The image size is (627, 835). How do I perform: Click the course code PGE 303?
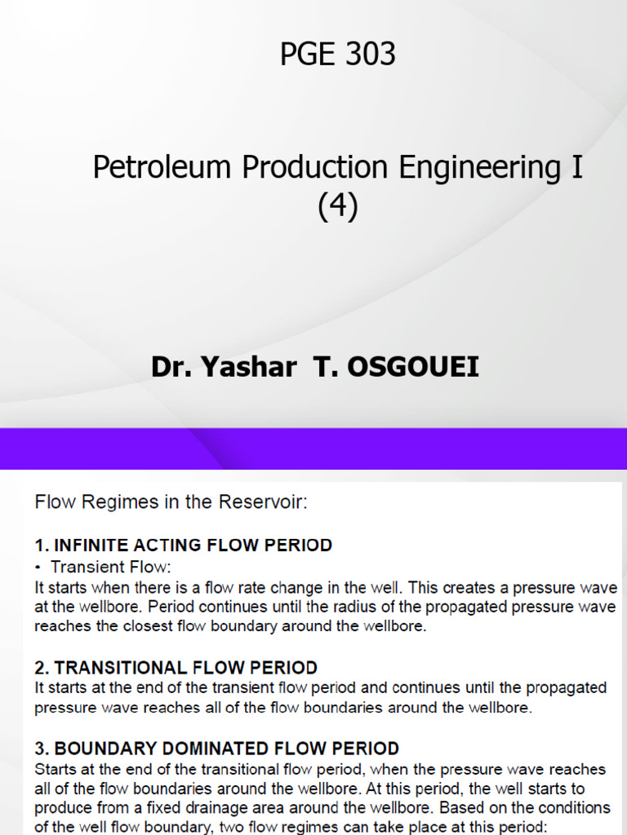click(x=337, y=55)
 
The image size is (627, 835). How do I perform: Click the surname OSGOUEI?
click(x=414, y=368)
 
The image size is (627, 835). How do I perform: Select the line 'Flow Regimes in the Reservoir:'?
click(x=171, y=502)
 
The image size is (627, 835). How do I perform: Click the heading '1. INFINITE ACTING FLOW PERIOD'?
click(x=183, y=546)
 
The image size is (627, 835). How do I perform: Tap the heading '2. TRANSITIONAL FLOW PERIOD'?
click(x=176, y=668)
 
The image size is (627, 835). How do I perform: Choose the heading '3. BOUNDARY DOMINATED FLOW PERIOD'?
click(x=216, y=748)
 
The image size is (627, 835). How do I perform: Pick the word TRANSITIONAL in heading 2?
click(x=120, y=668)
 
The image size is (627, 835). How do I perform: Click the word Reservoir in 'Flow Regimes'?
click(x=271, y=502)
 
